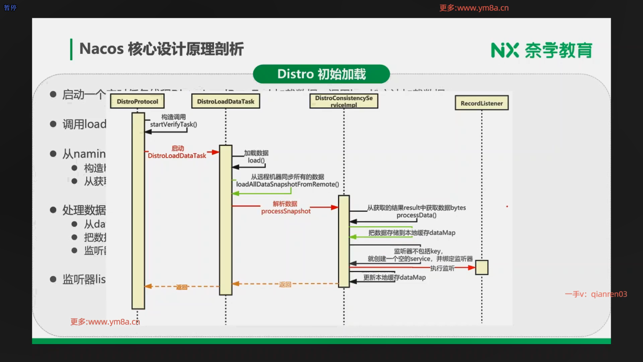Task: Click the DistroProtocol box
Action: [137, 101]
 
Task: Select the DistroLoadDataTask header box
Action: [225, 101]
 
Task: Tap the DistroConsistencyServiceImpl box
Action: [344, 101]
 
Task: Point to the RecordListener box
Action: [482, 103]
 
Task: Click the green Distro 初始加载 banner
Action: [321, 74]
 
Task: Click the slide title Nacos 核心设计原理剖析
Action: [161, 49]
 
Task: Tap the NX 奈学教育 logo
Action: [542, 50]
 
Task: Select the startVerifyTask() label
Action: [173, 124]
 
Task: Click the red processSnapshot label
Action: [286, 211]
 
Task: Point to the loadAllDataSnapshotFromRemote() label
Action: [287, 184]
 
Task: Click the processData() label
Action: [416, 215]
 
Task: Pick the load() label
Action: [256, 161]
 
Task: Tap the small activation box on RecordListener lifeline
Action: [482, 267]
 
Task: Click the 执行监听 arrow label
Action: [442, 268]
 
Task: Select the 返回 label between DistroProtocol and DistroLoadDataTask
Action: [182, 287]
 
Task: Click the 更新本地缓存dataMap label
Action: [395, 278]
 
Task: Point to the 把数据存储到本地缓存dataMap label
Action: [412, 233]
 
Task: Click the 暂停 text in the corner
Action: [10, 7]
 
